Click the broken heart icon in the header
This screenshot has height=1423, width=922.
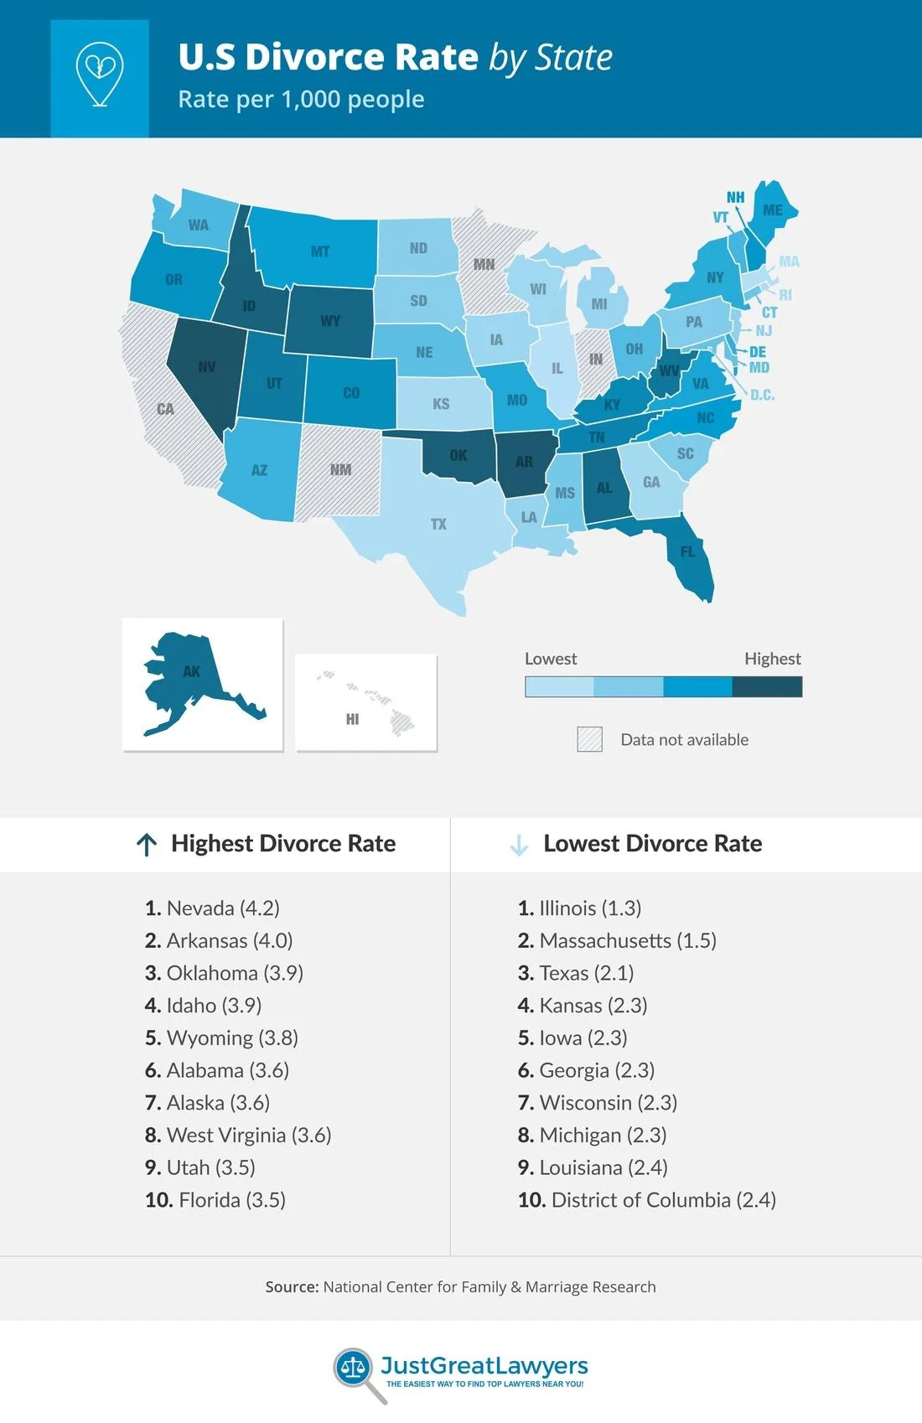(x=100, y=75)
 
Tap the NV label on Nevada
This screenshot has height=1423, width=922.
(x=207, y=367)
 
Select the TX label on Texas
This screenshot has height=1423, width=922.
(x=438, y=525)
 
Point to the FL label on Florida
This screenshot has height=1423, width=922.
(x=688, y=551)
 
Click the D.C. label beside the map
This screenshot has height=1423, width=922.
(x=762, y=395)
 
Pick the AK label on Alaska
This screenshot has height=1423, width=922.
(x=191, y=671)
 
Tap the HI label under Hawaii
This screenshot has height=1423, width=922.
(x=352, y=719)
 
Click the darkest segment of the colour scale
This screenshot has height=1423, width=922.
(x=767, y=687)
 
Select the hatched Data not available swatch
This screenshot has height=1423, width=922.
(x=589, y=739)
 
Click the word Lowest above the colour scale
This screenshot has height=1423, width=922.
(x=551, y=659)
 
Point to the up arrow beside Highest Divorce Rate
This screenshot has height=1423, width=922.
(x=147, y=845)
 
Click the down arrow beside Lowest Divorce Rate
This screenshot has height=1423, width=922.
(x=519, y=845)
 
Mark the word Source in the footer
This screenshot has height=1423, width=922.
(x=291, y=1286)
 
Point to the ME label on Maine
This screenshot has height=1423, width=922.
(x=773, y=210)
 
